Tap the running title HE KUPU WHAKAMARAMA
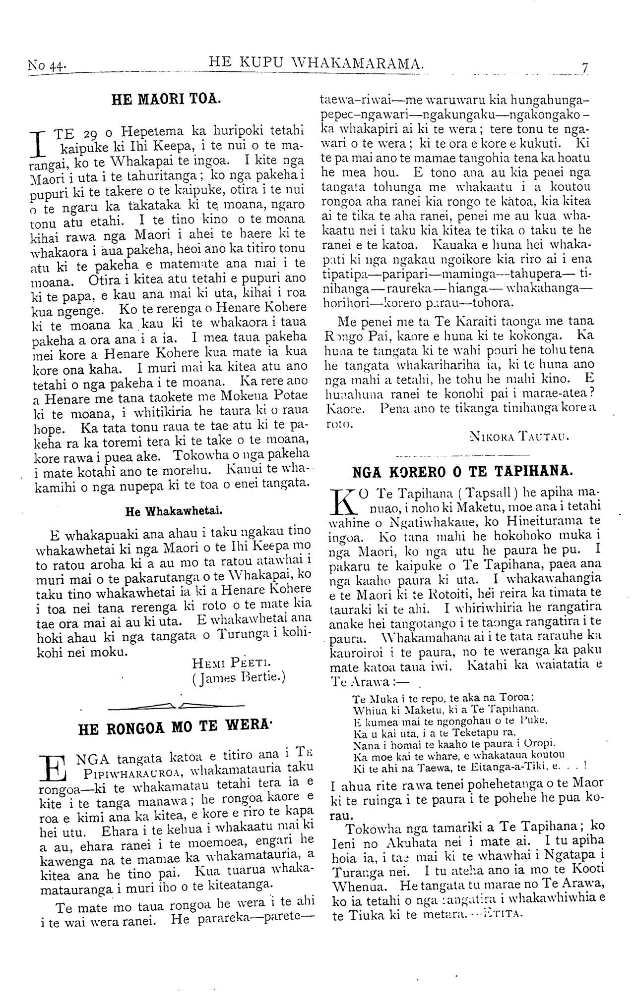317,62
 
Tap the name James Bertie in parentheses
239,677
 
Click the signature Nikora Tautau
518,437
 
